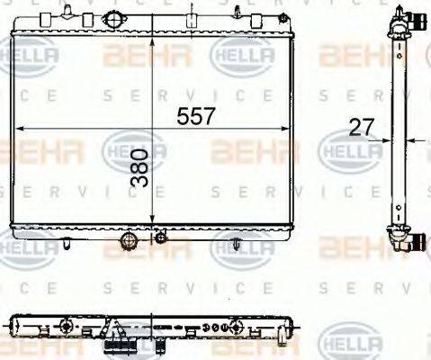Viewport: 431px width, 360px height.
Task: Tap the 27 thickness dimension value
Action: (361, 128)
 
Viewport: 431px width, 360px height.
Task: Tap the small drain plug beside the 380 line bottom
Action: (160, 238)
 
